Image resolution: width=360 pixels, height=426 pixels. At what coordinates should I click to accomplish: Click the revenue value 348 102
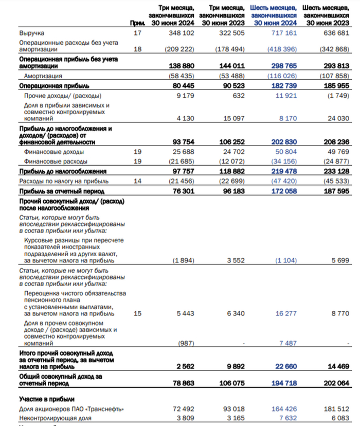click(183, 33)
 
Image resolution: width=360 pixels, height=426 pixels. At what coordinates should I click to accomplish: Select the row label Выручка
click(31, 33)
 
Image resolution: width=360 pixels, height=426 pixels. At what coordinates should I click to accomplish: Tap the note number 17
click(136, 33)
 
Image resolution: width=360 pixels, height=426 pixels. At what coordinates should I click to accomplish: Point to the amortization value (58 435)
click(181, 76)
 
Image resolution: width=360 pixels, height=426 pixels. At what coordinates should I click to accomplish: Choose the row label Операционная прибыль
click(54, 85)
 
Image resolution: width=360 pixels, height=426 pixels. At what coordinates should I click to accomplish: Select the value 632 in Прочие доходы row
click(236, 96)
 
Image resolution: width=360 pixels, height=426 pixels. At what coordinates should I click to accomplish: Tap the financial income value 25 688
click(183, 152)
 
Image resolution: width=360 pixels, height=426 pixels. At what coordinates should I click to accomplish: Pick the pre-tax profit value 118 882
click(232, 171)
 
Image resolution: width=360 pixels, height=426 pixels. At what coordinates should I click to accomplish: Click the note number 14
click(136, 181)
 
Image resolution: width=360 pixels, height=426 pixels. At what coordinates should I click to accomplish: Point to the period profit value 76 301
click(183, 191)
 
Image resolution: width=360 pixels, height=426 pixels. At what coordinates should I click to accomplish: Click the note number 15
click(136, 313)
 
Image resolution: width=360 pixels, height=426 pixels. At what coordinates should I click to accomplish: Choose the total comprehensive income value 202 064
click(336, 384)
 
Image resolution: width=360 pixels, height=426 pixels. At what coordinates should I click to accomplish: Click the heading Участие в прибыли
click(47, 399)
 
